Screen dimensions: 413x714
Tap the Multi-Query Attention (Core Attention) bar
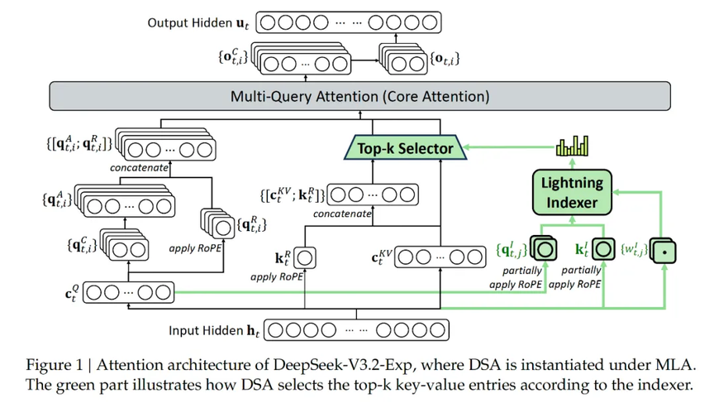(359, 97)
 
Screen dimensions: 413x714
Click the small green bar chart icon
(573, 146)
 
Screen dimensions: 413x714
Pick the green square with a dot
(664, 249)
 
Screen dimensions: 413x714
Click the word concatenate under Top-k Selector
(341, 214)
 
